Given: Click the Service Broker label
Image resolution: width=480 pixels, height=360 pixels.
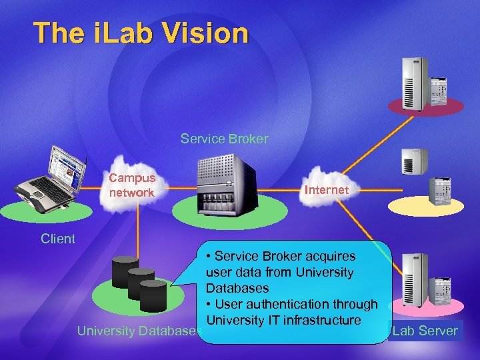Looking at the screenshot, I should pos(224,139).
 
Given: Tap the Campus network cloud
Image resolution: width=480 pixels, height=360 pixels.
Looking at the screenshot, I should pos(131,185).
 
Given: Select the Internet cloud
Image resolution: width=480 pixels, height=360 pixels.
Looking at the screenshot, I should pos(326,190).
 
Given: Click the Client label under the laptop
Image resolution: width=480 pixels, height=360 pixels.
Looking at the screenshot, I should pos(57,239).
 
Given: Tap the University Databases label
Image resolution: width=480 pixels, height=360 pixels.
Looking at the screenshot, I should pos(139,331).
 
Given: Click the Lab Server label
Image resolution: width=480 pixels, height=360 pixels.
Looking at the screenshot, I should pos(425,331).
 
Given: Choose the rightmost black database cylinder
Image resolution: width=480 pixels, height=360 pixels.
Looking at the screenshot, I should pos(153,295).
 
